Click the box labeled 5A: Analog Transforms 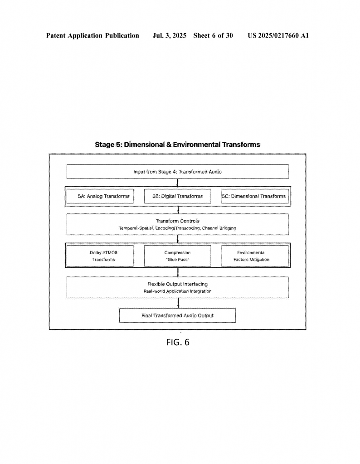pyautogui.click(x=100, y=196)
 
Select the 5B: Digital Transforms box pyautogui.click(x=178, y=196)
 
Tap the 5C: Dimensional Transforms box pyautogui.click(x=255, y=196)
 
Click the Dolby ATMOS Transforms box pyautogui.click(x=100, y=256)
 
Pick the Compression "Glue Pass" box pyautogui.click(x=178, y=256)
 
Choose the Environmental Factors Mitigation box pyautogui.click(x=255, y=256)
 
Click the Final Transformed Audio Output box pyautogui.click(x=178, y=315)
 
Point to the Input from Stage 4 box pyautogui.click(x=178, y=172)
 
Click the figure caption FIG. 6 pyautogui.click(x=178, y=343)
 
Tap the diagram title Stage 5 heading pyautogui.click(x=177, y=145)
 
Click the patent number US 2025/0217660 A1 pyautogui.click(x=278, y=35)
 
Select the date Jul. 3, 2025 pyautogui.click(x=169, y=35)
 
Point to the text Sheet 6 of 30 pyautogui.click(x=213, y=35)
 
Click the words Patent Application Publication pyautogui.click(x=92, y=35)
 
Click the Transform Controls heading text pyautogui.click(x=178, y=221)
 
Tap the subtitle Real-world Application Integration pyautogui.click(x=178, y=291)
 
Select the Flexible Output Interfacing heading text pyautogui.click(x=178, y=284)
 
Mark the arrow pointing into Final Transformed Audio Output pyautogui.click(x=178, y=303)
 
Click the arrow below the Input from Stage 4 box pyautogui.click(x=178, y=183)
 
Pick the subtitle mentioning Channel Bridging pyautogui.click(x=178, y=228)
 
